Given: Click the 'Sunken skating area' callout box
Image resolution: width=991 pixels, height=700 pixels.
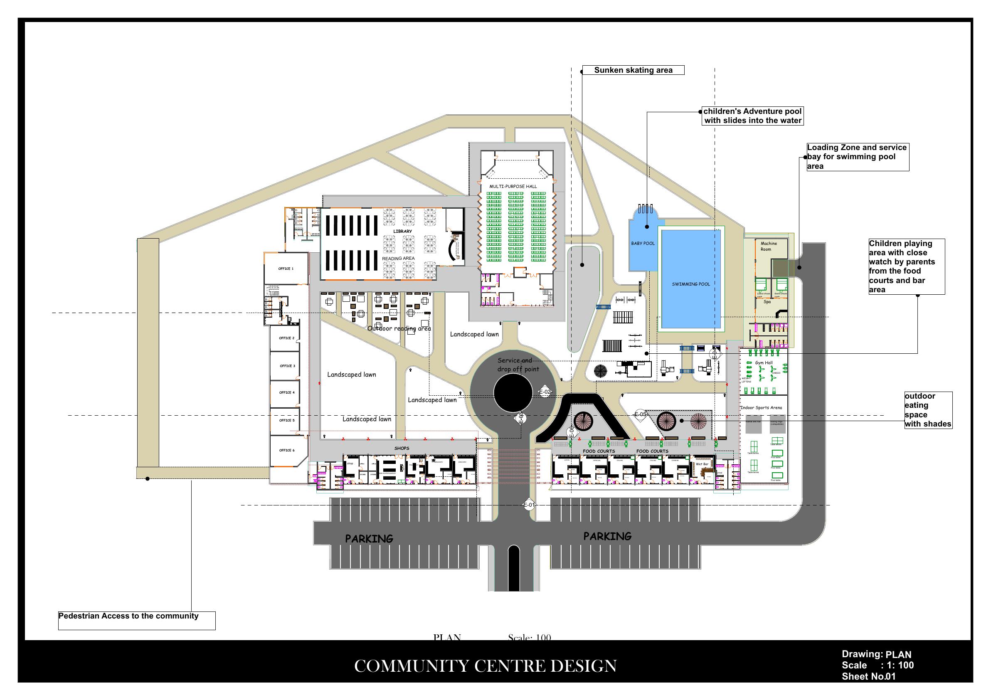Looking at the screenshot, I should pos(633,70).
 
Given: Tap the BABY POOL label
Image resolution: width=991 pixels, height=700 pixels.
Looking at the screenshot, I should pos(643,244).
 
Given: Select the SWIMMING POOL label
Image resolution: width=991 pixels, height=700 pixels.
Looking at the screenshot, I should pos(690,284).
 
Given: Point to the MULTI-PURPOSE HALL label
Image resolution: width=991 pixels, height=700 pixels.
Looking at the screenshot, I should pos(513,187).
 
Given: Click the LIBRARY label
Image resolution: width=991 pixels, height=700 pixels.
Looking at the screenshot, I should pos(402,231).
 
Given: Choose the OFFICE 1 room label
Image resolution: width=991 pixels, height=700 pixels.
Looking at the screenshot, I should pos(286,269).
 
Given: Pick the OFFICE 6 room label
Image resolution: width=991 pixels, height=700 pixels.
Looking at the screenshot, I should pos(286,450).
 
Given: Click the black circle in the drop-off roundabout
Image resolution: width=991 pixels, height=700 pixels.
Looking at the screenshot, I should pos(513,393).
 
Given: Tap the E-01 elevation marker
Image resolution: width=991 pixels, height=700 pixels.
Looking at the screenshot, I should pos(529,505).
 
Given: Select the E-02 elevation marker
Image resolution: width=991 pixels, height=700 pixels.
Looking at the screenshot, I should pos(545,392).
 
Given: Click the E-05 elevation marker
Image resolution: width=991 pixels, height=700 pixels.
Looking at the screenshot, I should pos(640,414).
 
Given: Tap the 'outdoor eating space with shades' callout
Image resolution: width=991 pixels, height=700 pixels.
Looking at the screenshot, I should pos(928,410).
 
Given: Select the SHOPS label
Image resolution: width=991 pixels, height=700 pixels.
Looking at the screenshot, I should pos(402,449).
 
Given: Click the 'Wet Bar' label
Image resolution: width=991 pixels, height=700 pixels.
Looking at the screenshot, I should pos(702,464).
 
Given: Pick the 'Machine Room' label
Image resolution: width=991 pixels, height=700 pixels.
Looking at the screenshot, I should pos(768,246).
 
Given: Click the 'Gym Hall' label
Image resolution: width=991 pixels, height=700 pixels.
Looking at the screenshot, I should pos(764,362).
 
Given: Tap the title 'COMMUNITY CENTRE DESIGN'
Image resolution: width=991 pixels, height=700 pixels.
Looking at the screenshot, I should pos(485,666).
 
